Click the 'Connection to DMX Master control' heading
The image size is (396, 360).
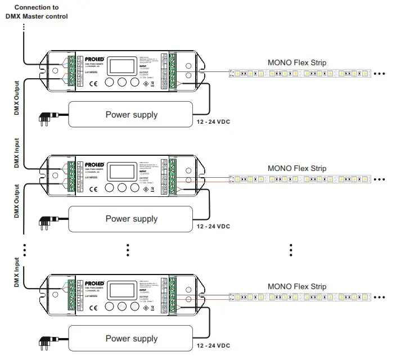point(37,12)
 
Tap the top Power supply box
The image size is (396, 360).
point(131,115)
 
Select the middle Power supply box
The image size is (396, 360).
point(131,218)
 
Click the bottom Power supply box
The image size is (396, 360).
point(131,338)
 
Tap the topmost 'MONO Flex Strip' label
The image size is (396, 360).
point(296,62)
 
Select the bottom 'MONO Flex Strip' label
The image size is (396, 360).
point(296,286)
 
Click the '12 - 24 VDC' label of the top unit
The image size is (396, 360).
point(213,121)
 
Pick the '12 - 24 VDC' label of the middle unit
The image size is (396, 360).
point(213,226)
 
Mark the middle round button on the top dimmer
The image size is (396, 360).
point(121,82)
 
